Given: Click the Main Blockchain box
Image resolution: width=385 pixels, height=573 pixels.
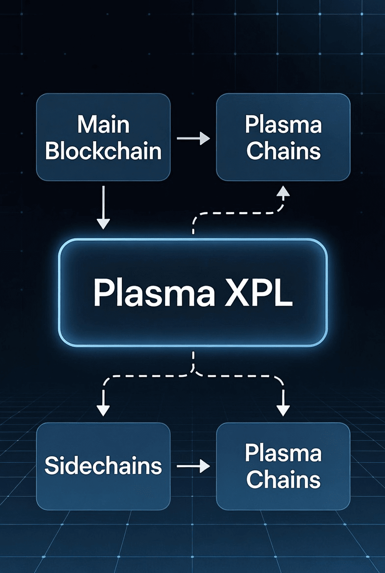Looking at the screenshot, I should (x=103, y=137).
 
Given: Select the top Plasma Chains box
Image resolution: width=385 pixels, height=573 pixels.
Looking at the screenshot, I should (x=283, y=137).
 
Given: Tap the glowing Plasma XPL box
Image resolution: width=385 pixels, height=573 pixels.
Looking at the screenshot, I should (x=192, y=293).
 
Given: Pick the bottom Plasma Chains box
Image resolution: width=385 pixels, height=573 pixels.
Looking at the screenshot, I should (x=283, y=466).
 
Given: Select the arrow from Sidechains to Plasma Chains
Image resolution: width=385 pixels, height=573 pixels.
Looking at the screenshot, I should (x=193, y=467).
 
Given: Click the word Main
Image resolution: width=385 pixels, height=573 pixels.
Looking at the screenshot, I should (x=103, y=125).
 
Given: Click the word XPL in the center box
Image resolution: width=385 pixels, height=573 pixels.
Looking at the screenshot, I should (x=260, y=293).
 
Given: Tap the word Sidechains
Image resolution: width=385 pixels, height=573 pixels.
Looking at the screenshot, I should (x=103, y=466).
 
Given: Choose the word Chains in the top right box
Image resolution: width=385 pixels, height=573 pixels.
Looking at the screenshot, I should (x=283, y=151).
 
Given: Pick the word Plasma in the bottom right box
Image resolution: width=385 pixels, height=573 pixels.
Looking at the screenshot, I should (x=283, y=453).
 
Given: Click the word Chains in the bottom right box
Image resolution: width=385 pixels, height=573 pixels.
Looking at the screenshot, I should (x=283, y=479).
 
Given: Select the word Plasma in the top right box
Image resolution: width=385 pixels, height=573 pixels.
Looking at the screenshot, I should (x=283, y=125).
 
